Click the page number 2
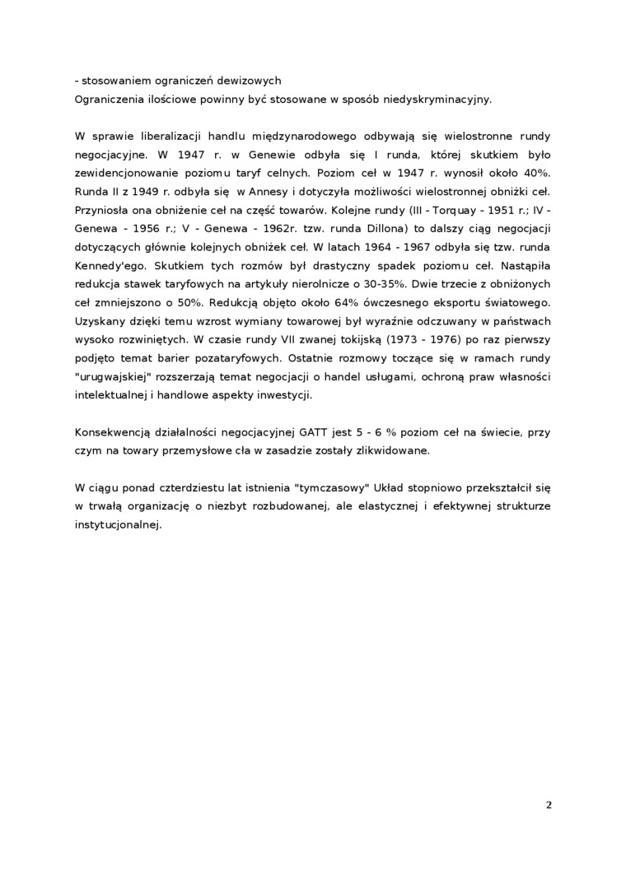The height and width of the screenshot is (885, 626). point(549,804)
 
